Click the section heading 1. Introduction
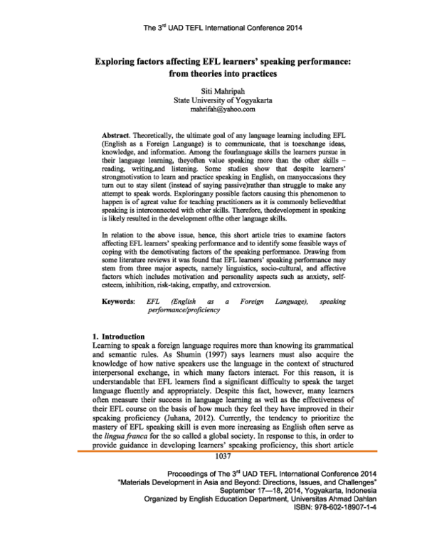(120, 335)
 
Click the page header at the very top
(213, 29)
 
